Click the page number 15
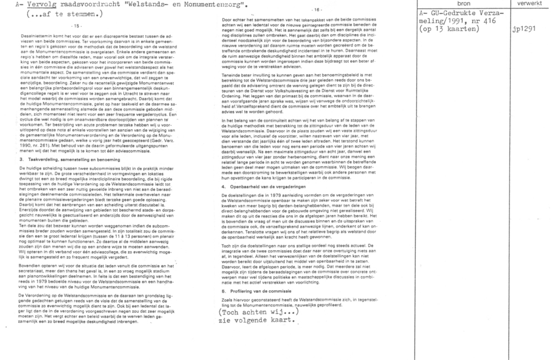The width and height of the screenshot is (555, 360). click(77, 26)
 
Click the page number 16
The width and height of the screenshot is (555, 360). click(317, 10)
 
